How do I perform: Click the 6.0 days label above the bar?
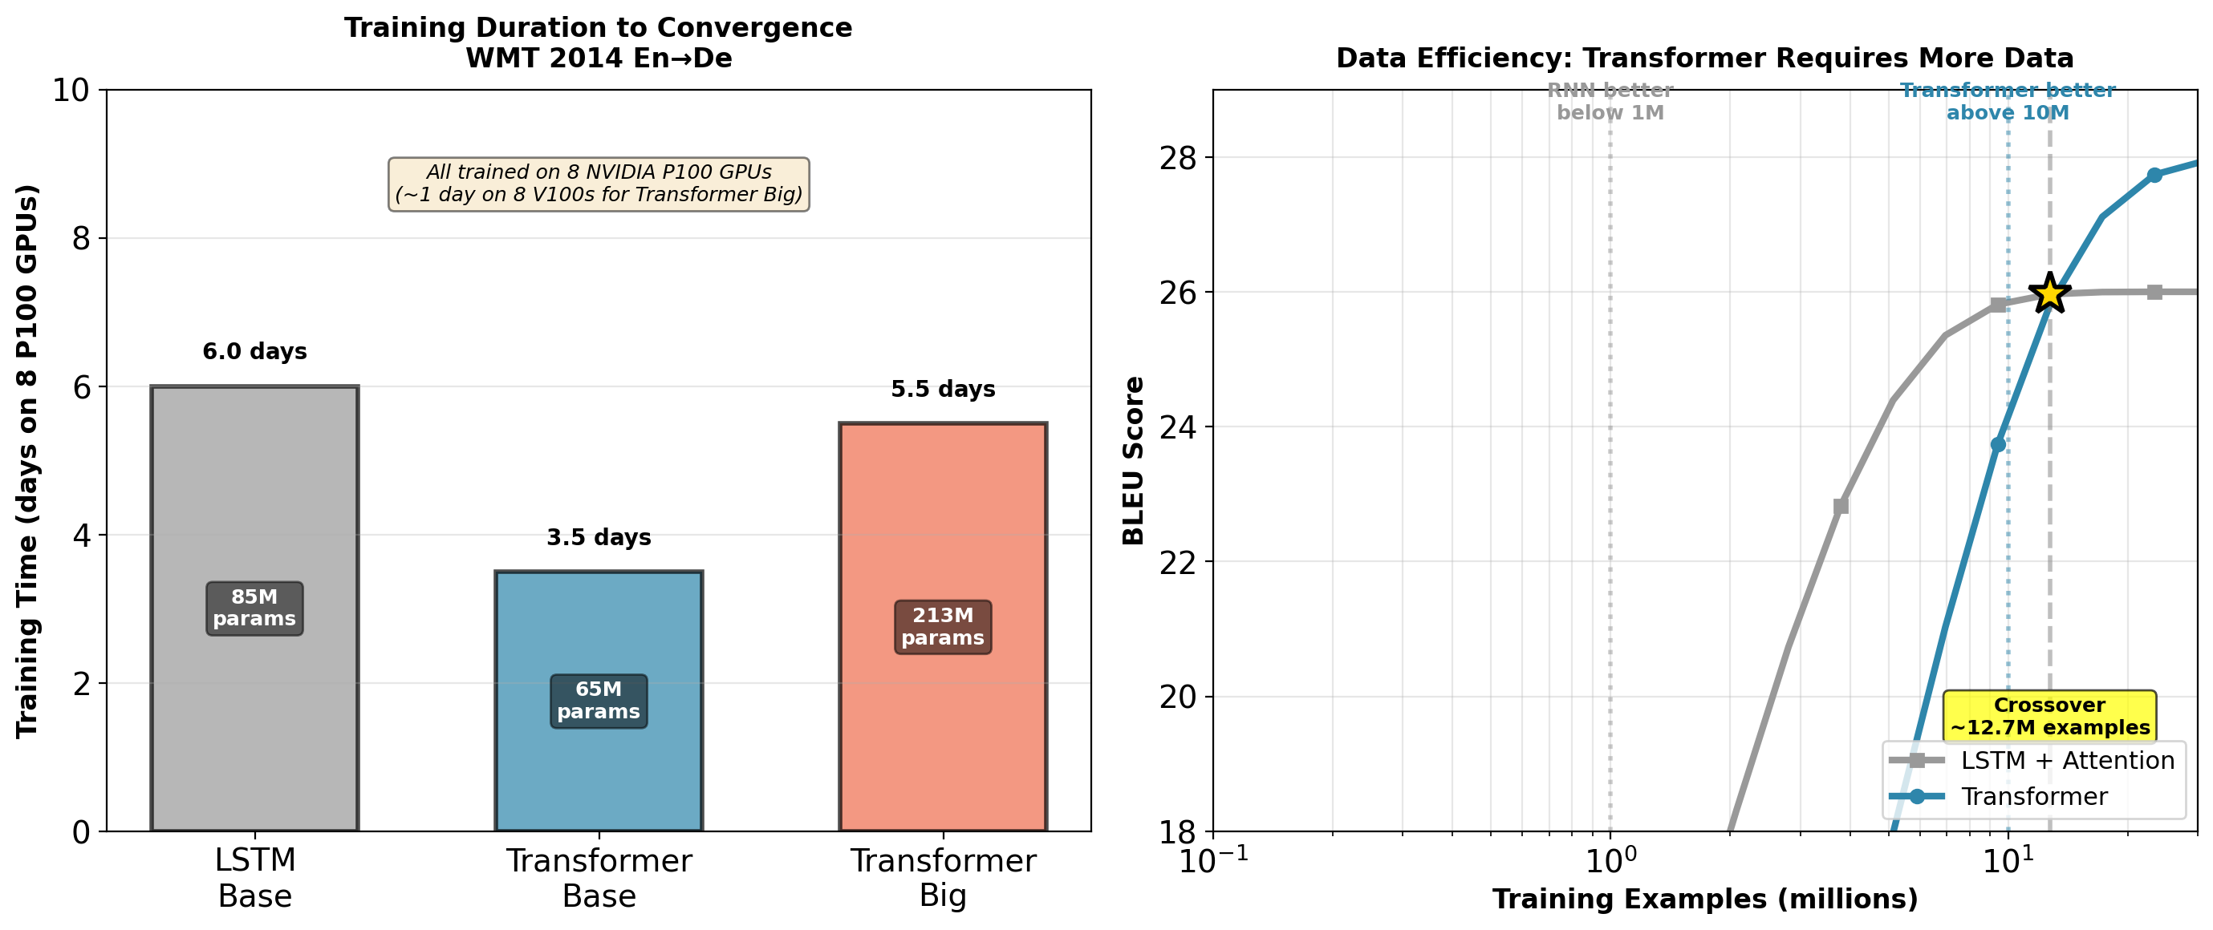coord(254,351)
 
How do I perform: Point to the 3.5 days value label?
coord(599,538)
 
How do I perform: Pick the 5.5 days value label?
coord(943,389)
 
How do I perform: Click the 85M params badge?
coord(254,608)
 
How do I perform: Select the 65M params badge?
coord(599,701)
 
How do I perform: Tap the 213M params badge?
coord(943,627)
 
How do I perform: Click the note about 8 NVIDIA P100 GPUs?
coord(599,184)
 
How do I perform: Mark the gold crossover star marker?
coord(2050,293)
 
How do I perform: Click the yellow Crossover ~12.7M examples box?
coord(2049,716)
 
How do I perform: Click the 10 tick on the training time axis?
coord(71,90)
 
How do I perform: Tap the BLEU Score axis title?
coord(1133,460)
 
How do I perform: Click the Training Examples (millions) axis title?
coord(1704,899)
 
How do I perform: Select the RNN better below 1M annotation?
coord(1610,101)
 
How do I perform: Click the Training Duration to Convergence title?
coord(599,27)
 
